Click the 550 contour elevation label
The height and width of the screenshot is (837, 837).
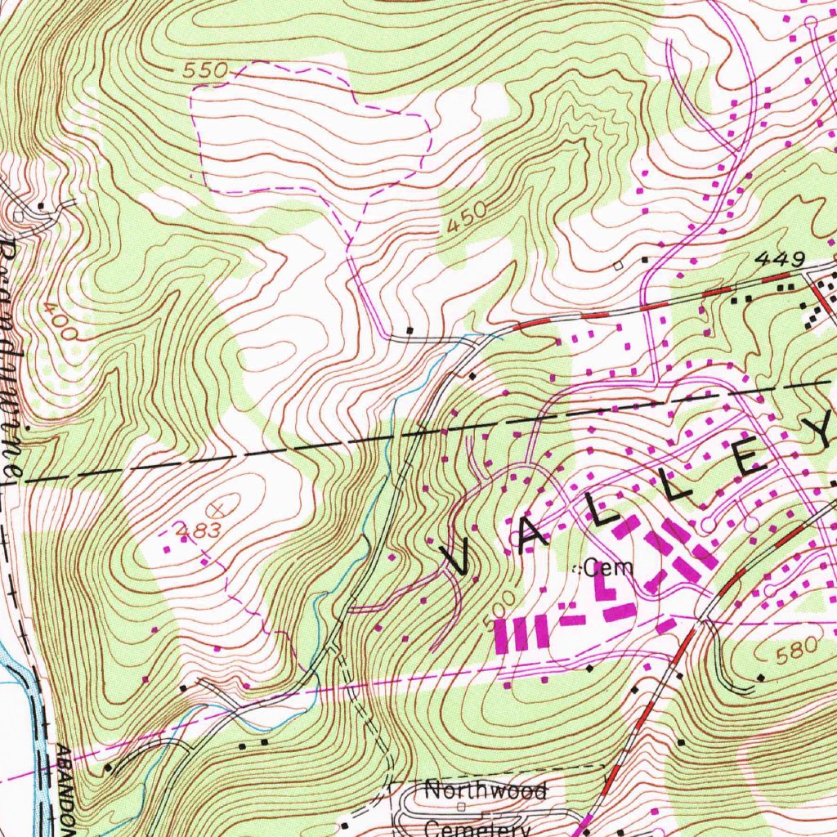point(204,71)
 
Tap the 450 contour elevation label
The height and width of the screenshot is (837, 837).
point(467,219)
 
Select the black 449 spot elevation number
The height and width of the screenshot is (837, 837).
point(780,259)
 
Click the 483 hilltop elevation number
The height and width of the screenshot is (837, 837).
point(199,530)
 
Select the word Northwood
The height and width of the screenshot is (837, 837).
point(484,790)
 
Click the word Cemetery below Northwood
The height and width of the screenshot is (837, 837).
point(478,827)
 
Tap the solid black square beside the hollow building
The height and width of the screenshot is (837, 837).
point(644,260)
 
